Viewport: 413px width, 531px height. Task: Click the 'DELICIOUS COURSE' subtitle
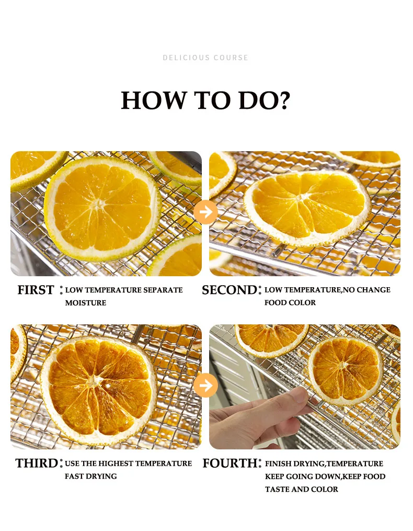pyautogui.click(x=205, y=58)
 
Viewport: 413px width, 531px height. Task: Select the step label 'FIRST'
pyautogui.click(x=36, y=290)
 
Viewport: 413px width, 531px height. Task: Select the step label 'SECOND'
pyautogui.click(x=229, y=290)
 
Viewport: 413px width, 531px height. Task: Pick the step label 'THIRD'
pyautogui.click(x=37, y=464)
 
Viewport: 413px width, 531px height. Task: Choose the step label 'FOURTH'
pyautogui.click(x=230, y=464)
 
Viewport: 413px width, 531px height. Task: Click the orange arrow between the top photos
pyautogui.click(x=205, y=212)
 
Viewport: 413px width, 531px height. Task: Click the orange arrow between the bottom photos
pyautogui.click(x=205, y=386)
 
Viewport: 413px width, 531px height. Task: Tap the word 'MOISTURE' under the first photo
pyautogui.click(x=86, y=303)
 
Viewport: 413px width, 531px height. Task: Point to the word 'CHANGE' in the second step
pyautogui.click(x=373, y=290)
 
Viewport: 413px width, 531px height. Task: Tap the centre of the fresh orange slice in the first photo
pyautogui.click(x=99, y=204)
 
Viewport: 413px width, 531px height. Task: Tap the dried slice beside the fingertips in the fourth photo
pyautogui.click(x=345, y=367)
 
